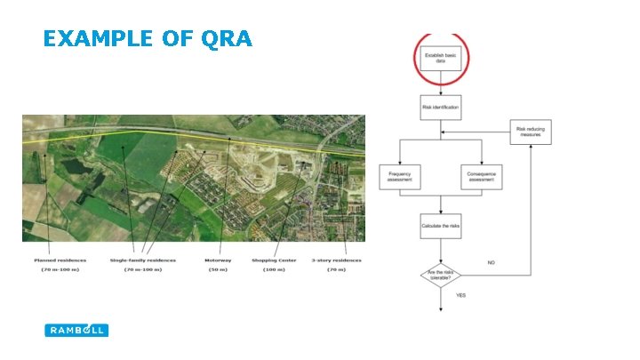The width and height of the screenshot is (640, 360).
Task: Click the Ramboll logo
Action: (76, 330)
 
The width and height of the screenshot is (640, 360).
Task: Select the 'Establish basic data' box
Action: (441, 58)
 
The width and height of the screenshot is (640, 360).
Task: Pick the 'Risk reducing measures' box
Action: (532, 132)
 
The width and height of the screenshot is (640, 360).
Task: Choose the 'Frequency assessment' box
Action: (400, 176)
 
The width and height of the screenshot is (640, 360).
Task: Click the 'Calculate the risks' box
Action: (441, 226)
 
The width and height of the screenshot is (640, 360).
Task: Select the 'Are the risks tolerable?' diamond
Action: (441, 276)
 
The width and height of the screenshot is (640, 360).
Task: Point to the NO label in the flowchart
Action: (492, 262)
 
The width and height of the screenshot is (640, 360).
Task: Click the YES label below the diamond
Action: (461, 294)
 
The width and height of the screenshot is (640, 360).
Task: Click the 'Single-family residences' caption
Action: (142, 260)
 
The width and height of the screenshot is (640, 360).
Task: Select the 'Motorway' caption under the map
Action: (217, 260)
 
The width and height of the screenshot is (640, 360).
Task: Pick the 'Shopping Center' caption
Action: (275, 260)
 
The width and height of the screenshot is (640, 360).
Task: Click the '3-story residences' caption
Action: (336, 260)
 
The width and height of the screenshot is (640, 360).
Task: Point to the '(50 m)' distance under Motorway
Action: (217, 268)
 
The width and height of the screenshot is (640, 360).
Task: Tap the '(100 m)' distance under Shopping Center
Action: (275, 268)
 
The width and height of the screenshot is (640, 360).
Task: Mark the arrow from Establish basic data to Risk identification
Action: (441, 84)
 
